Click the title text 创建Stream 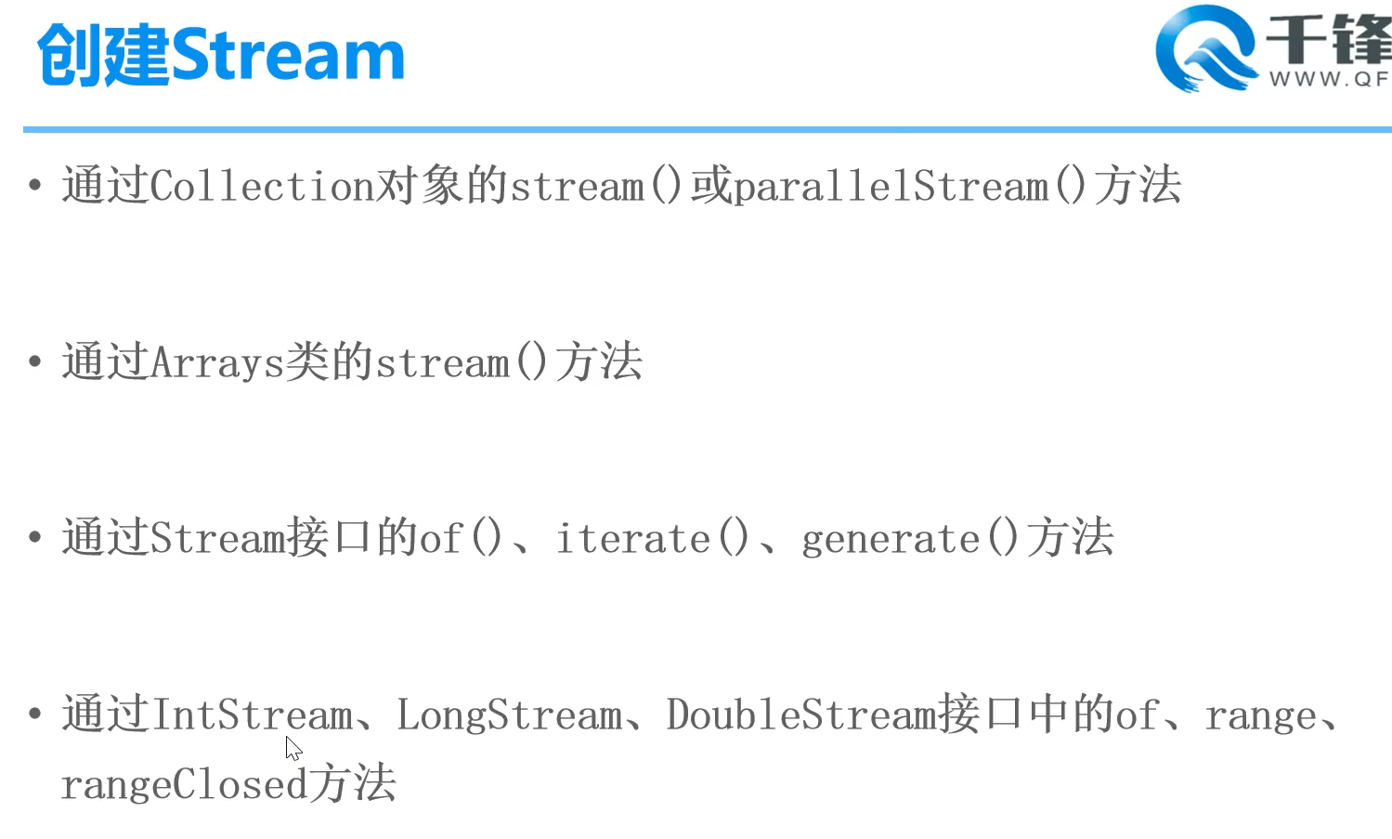pyautogui.click(x=221, y=55)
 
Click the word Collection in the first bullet pyautogui.click(x=262, y=186)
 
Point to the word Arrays pyautogui.click(x=216, y=361)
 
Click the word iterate pyautogui.click(x=633, y=538)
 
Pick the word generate pyautogui.click(x=891, y=539)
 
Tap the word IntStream pyautogui.click(x=252, y=714)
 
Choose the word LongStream pyautogui.click(x=510, y=714)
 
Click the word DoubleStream pyautogui.click(x=801, y=714)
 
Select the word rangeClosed pyautogui.click(x=184, y=784)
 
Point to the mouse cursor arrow pyautogui.click(x=293, y=748)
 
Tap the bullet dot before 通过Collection pyautogui.click(x=35, y=185)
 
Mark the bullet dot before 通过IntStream pyautogui.click(x=35, y=714)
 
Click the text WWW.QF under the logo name pyautogui.click(x=1329, y=80)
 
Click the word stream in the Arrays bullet pyautogui.click(x=442, y=361)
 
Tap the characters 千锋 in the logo pyautogui.click(x=1329, y=40)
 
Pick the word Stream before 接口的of pyautogui.click(x=217, y=538)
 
